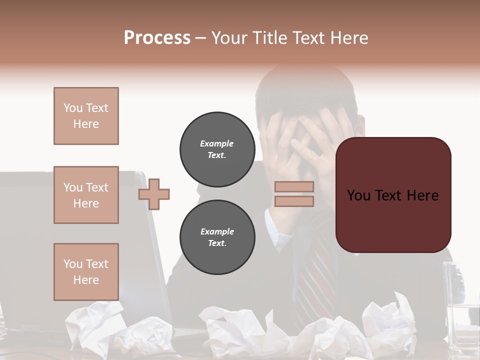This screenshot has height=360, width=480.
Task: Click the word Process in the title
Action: pos(157,38)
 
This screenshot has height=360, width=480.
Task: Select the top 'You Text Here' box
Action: pos(86,116)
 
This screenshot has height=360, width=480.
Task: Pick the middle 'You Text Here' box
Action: pos(86,195)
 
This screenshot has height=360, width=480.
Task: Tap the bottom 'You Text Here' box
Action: pos(86,272)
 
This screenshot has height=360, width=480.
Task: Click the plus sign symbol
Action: pos(154,194)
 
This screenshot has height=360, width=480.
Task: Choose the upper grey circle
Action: pos(217,149)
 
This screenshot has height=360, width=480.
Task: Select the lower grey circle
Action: pos(217,237)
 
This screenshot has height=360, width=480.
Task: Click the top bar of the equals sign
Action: pos(294,187)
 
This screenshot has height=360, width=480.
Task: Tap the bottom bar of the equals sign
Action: pos(294,201)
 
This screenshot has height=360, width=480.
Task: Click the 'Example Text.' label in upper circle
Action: pos(217,149)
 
